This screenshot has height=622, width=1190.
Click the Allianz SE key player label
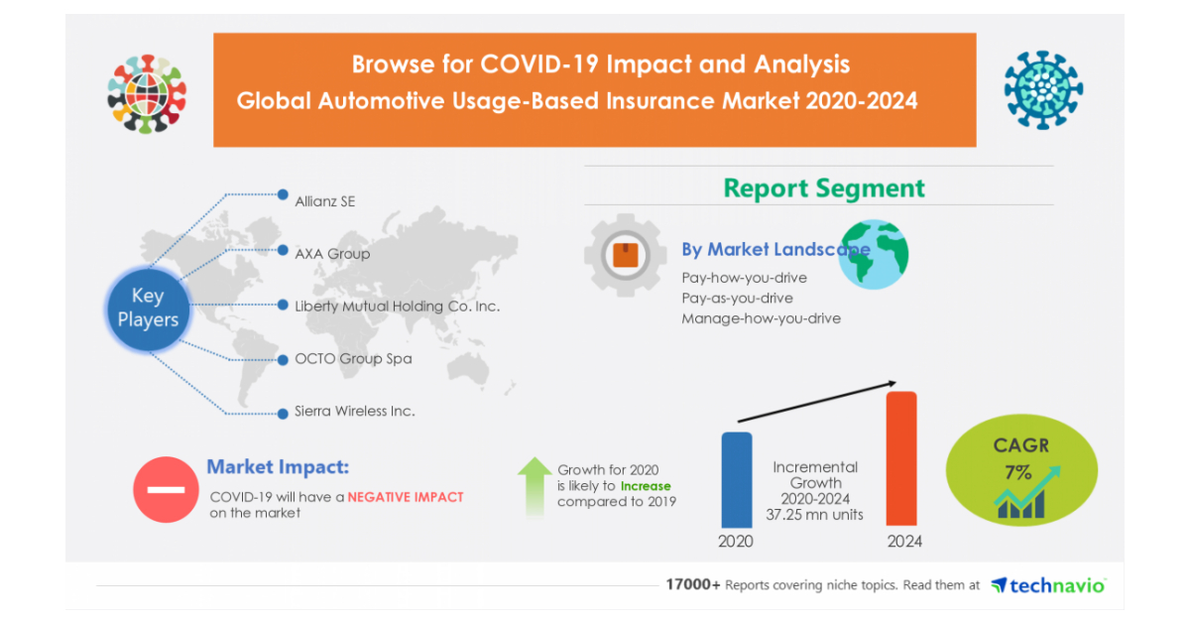click(x=324, y=201)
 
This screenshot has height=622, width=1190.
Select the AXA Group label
click(x=332, y=254)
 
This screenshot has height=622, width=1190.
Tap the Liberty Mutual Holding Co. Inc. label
click(x=397, y=307)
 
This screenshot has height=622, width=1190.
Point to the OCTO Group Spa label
click(x=353, y=359)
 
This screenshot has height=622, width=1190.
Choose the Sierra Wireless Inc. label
click(x=354, y=411)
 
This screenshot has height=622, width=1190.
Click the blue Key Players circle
click(x=148, y=309)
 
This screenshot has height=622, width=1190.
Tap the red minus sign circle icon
click(x=166, y=489)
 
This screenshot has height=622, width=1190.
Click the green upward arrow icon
click(x=535, y=484)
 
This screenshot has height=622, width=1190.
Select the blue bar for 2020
click(x=736, y=479)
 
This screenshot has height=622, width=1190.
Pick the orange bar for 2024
click(x=900, y=458)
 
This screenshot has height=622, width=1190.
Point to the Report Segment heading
click(x=823, y=187)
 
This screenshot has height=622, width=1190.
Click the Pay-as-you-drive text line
click(x=737, y=299)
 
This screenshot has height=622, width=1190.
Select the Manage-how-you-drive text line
click(x=761, y=318)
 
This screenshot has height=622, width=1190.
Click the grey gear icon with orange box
click(x=625, y=256)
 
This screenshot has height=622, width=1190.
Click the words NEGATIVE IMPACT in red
click(x=405, y=497)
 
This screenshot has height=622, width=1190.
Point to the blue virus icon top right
click(x=1042, y=90)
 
